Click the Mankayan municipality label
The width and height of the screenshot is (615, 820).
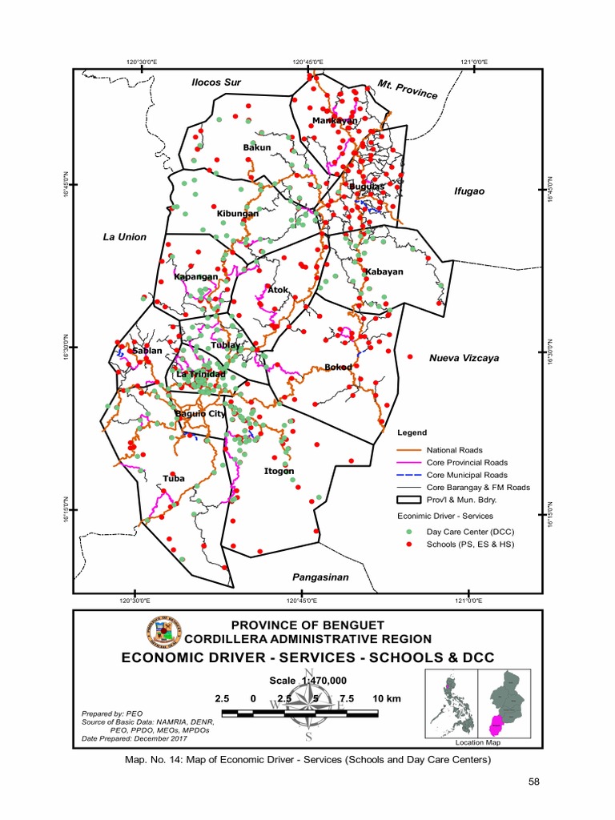tap(335, 120)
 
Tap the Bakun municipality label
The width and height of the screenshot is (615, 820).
tap(257, 147)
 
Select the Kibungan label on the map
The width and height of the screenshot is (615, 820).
tap(238, 214)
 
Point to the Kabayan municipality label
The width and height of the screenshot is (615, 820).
tap(384, 271)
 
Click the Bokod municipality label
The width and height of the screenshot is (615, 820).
tap(338, 368)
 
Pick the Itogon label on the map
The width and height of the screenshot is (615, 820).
tap(279, 471)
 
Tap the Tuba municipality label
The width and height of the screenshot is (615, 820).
tap(174, 478)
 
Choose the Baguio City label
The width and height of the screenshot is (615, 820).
tap(200, 413)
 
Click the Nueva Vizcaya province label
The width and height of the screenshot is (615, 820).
tap(464, 358)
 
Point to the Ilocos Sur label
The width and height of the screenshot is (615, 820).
tap(215, 82)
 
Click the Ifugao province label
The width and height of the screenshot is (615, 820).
tap(470, 191)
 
